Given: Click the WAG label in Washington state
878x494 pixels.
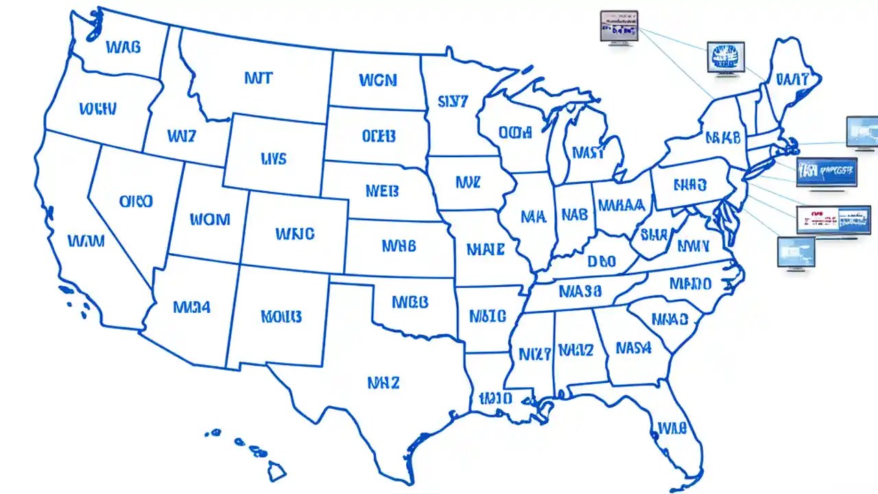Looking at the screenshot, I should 123,47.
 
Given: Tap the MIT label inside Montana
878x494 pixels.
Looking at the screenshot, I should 258,78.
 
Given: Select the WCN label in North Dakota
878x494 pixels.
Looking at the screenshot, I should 377,80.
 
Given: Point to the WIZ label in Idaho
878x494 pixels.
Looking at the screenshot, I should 181,136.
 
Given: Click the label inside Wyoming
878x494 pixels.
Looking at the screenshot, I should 274,159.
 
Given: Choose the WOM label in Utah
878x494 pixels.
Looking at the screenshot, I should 210,220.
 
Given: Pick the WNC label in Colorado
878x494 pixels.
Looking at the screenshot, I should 295,234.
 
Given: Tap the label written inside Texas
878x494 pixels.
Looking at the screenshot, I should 383,382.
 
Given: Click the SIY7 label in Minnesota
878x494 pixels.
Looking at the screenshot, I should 452,102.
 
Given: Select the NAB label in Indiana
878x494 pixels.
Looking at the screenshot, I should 575,215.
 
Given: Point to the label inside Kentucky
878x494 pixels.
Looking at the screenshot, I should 602,261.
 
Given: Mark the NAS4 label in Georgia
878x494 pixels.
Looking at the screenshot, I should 632,348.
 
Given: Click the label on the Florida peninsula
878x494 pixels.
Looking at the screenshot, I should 672,428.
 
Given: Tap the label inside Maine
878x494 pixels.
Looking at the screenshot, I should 792,79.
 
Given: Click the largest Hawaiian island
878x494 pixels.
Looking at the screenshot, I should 276,470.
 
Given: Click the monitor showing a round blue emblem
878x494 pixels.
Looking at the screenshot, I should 726,57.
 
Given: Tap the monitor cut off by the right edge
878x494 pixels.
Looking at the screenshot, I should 862,132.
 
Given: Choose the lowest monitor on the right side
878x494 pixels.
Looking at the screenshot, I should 796,252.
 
